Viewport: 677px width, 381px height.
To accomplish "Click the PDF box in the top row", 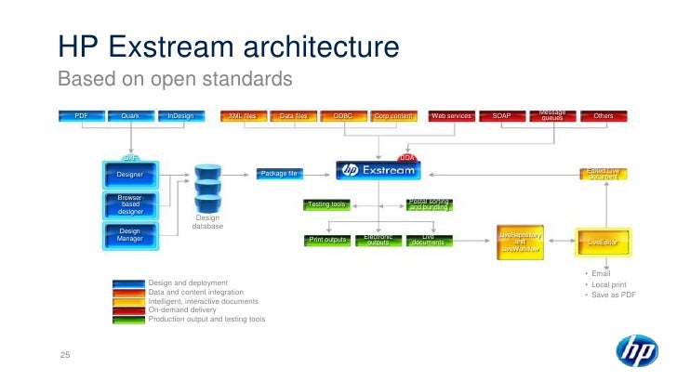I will coord(81,116).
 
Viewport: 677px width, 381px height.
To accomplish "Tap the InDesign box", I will coord(181,116).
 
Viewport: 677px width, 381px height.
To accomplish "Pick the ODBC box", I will coord(342,116).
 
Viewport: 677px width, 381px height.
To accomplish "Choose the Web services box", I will coord(450,116).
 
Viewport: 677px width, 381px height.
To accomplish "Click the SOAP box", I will coord(501,116).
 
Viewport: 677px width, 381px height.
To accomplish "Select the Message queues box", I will coord(551,116).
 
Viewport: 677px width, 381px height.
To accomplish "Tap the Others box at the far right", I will coord(604,116).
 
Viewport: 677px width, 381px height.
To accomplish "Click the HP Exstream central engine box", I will coord(378,171).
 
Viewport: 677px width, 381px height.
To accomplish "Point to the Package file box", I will coord(280,173).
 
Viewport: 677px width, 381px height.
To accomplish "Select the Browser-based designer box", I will coord(130,204).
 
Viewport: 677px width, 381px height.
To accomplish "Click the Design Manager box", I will coord(130,236).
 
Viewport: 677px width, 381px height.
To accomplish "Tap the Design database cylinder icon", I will coord(207,190).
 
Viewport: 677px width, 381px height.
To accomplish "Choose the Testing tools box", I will coord(326,204).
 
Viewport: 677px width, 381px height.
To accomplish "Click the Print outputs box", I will coord(326,240).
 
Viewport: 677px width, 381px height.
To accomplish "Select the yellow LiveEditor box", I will coord(603,242).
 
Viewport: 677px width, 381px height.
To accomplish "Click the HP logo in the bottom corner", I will coord(637,352).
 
